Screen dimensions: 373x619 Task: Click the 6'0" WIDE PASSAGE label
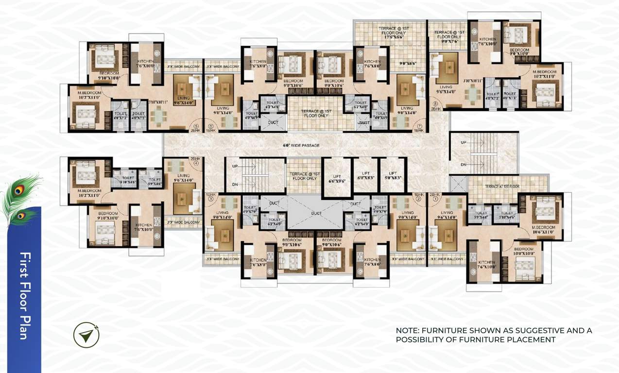pyautogui.click(x=301, y=145)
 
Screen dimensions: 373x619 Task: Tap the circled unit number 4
pyautogui.click(x=196, y=164)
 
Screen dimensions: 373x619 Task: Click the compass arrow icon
pyautogui.click(x=86, y=335)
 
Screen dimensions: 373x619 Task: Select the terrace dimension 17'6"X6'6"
pyautogui.click(x=380, y=36)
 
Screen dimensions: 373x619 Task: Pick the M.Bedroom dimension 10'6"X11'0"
pyautogui.click(x=540, y=232)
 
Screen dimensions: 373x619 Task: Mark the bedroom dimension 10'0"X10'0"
pyautogui.click(x=524, y=254)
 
